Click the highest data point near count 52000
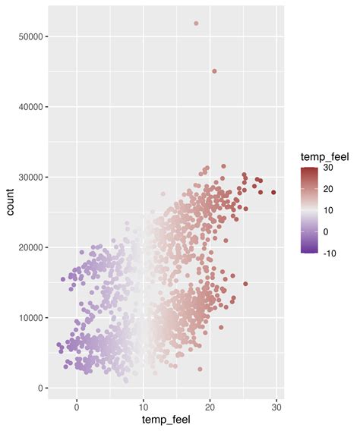[196, 24]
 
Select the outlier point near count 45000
[214, 71]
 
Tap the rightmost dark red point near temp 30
[273, 192]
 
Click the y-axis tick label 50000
[29, 36]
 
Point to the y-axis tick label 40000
[29, 107]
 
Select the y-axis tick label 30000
[29, 177]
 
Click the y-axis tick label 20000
[29, 247]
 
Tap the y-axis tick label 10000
[29, 317]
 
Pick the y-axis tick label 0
[39, 388]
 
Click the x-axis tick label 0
[77, 406]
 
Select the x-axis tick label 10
[144, 406]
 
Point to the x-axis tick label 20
[210, 406]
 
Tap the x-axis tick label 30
[277, 406]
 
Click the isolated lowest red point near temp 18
[201, 370]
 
